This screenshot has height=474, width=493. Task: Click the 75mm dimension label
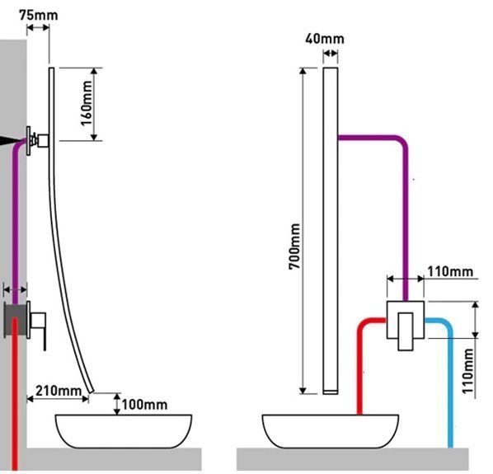39,15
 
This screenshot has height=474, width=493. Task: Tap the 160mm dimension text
87,103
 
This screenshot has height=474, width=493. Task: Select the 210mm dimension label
59,391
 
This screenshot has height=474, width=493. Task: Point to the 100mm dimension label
144,405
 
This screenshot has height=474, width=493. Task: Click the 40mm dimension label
325,39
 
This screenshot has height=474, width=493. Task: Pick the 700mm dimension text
294,246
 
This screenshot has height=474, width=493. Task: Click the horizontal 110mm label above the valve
450,271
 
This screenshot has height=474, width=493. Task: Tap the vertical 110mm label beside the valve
467,371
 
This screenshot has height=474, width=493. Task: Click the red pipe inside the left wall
15,393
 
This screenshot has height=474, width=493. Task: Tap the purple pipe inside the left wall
15,220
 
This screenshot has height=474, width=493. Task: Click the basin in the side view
124,431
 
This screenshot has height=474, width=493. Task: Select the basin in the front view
331,431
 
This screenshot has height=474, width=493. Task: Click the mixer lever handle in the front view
406,331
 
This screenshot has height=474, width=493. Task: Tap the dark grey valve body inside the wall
15,321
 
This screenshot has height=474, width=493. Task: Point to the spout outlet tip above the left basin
92,391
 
